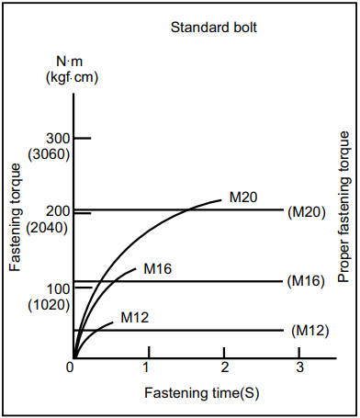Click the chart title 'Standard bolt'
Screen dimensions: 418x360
pos(213,27)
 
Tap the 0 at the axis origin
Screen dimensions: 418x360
pos(70,367)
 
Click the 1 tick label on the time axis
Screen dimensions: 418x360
pos(147,367)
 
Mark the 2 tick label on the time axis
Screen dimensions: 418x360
pos(224,367)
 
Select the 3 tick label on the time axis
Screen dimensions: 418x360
pos(300,367)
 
